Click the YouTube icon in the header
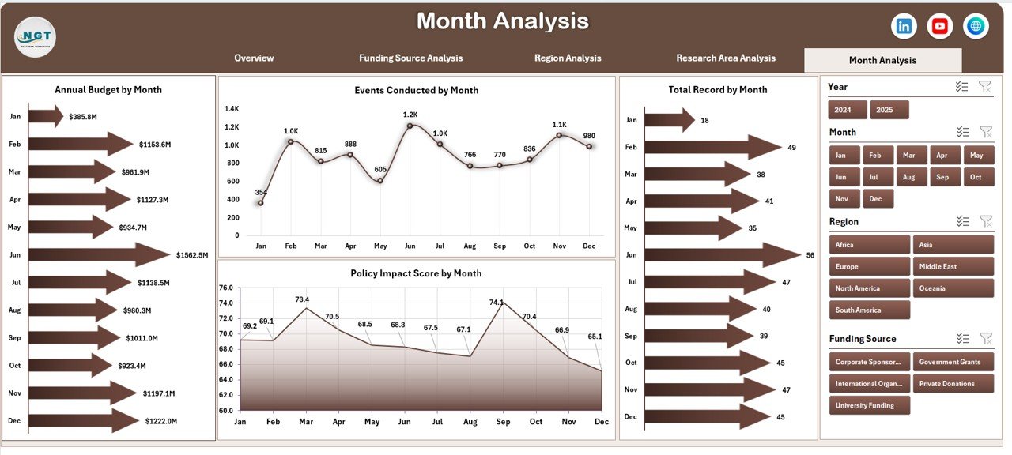pos(939,26)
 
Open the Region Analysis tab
pos(567,58)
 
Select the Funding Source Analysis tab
pos(410,58)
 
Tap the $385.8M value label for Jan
pos(82,117)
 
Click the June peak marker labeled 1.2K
pos(410,126)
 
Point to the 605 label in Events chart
pos(381,169)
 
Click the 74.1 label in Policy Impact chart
pos(497,303)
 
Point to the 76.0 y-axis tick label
pos(225,288)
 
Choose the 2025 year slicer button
pos(889,110)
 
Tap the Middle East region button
pos(953,266)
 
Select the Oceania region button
pos(953,288)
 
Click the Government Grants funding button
pos(953,362)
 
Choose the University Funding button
pos(869,405)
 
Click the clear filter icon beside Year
pos(984,87)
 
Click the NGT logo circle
pos(35,36)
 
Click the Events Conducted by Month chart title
pos(416,90)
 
